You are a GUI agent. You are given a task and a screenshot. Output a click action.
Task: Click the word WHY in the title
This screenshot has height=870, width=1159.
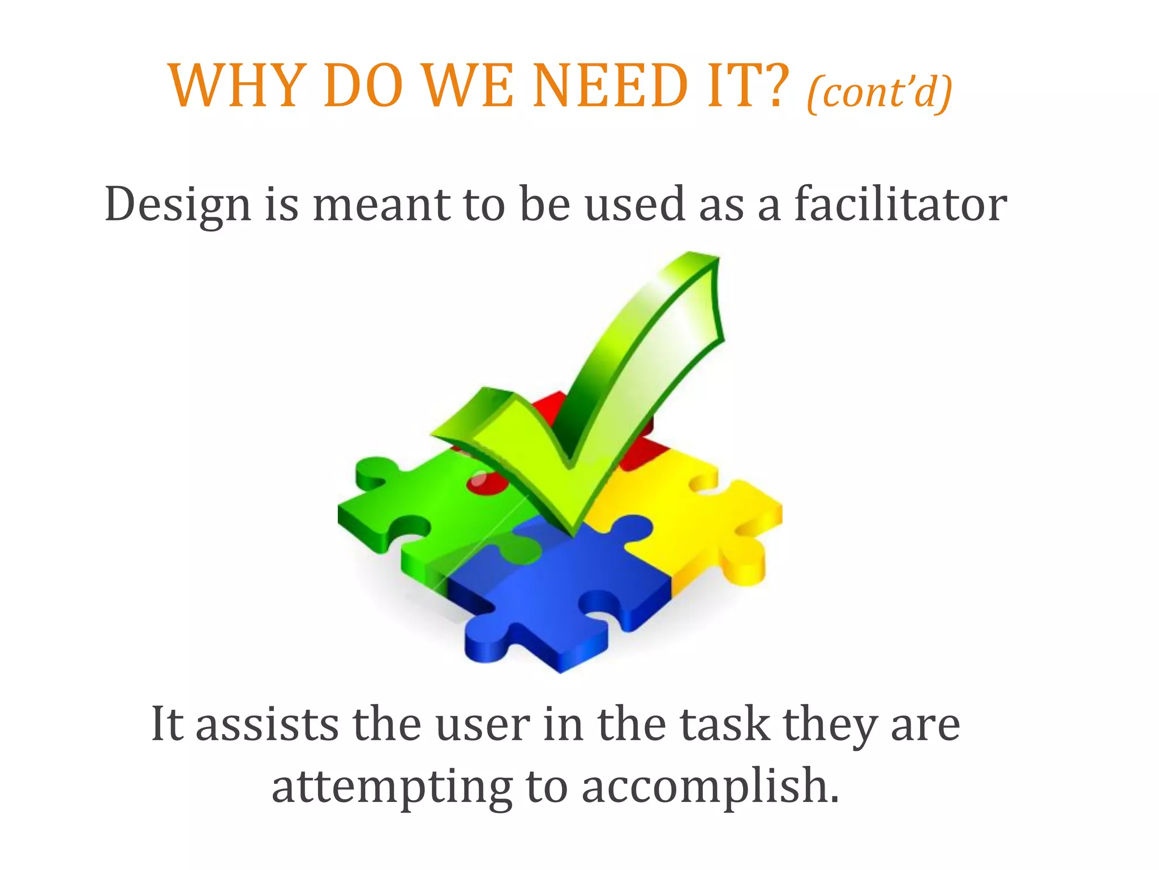click(234, 86)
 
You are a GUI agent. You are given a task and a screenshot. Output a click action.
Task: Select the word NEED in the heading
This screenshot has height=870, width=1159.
click(610, 86)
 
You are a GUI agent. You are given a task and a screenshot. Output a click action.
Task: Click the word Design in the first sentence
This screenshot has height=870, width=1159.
click(178, 205)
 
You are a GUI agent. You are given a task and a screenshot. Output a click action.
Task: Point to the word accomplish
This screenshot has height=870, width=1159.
click(710, 788)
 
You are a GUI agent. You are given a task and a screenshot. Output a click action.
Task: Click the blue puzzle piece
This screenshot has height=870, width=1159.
click(560, 600)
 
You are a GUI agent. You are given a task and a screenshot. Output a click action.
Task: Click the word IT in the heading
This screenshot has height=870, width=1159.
click(730, 86)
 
